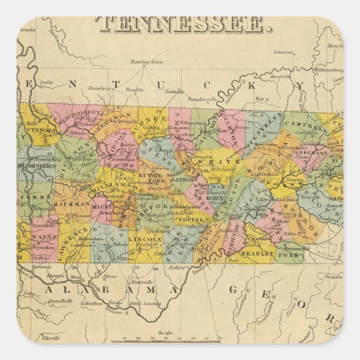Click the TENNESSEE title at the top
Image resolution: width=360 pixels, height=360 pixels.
coord(180,24)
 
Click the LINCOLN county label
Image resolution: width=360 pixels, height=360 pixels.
coord(148,239)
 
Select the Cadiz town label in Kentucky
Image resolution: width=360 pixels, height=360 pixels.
coord(46,82)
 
